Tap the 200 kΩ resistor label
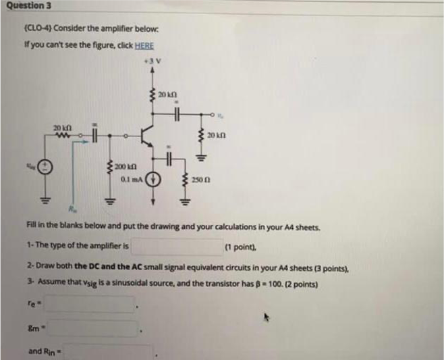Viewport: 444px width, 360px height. pos(125,167)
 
